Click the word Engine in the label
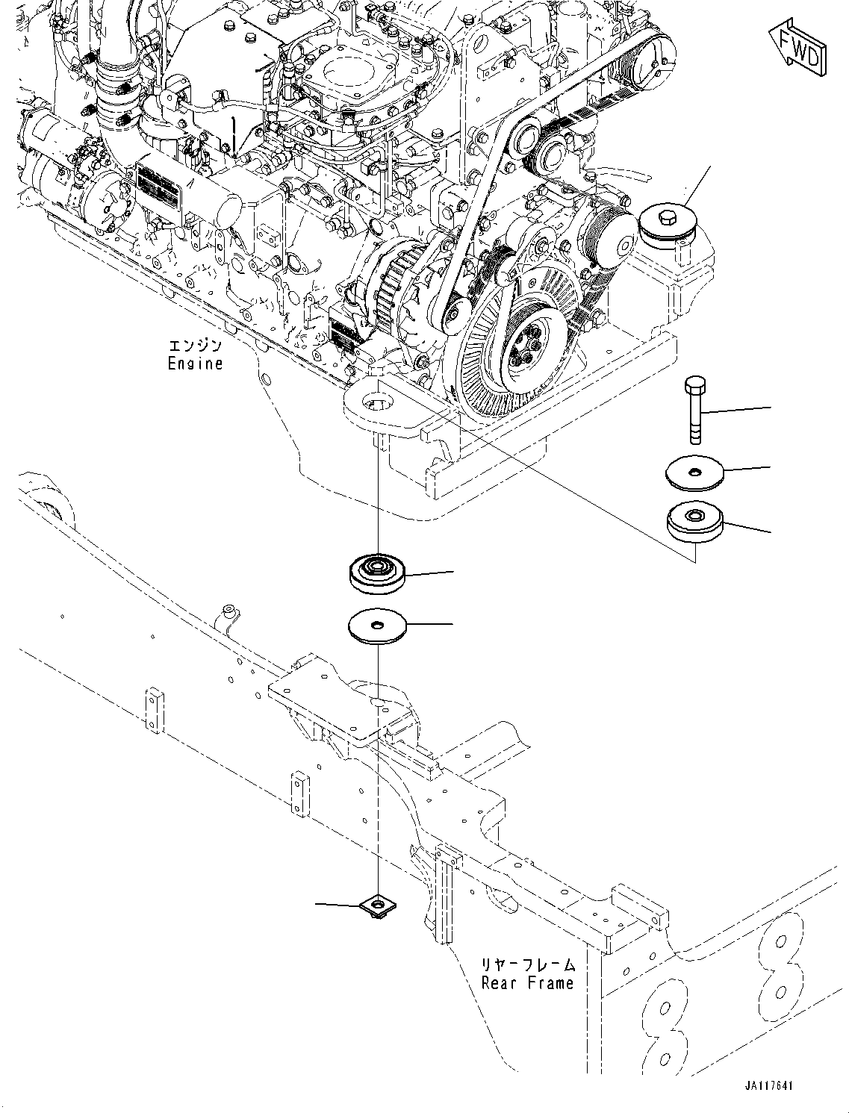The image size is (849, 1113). (195, 364)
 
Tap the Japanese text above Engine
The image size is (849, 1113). (195, 346)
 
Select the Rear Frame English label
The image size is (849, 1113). (527, 983)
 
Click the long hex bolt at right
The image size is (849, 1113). (693, 411)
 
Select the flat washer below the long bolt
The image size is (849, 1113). (695, 473)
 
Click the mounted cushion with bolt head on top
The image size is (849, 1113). (667, 224)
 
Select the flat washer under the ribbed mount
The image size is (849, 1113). (377, 626)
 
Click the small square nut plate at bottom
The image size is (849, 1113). (377, 906)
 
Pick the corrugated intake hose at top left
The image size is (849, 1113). (113, 82)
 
